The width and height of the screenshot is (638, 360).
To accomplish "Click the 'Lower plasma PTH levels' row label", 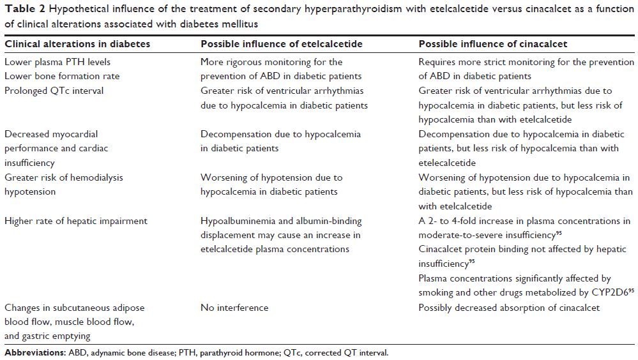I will [x=57, y=62].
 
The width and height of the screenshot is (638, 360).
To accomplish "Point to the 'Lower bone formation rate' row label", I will [x=62, y=76].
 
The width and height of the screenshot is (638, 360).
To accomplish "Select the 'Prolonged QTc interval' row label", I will [x=54, y=91].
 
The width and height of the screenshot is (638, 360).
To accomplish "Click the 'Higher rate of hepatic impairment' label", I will [x=76, y=221].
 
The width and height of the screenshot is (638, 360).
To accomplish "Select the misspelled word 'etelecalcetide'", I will [x=449, y=163].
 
